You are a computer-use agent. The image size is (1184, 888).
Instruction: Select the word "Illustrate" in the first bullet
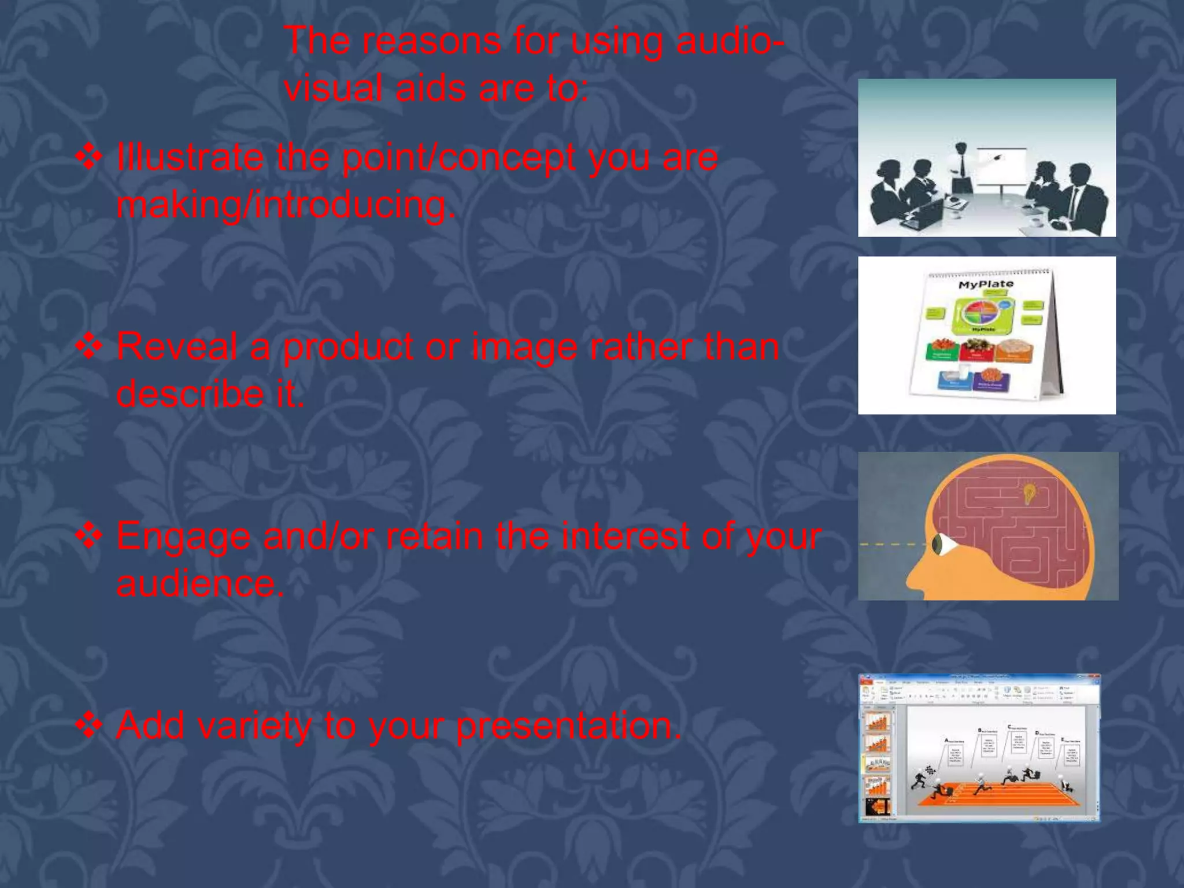[190, 157]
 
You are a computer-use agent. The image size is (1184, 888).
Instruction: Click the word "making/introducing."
[286, 205]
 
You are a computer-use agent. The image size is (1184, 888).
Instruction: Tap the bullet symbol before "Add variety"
[90, 725]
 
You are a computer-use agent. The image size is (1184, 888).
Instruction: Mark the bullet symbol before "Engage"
[90, 536]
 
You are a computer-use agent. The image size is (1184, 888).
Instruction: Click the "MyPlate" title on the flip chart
[985, 284]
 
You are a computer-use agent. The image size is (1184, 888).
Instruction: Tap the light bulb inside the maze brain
[1029, 493]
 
